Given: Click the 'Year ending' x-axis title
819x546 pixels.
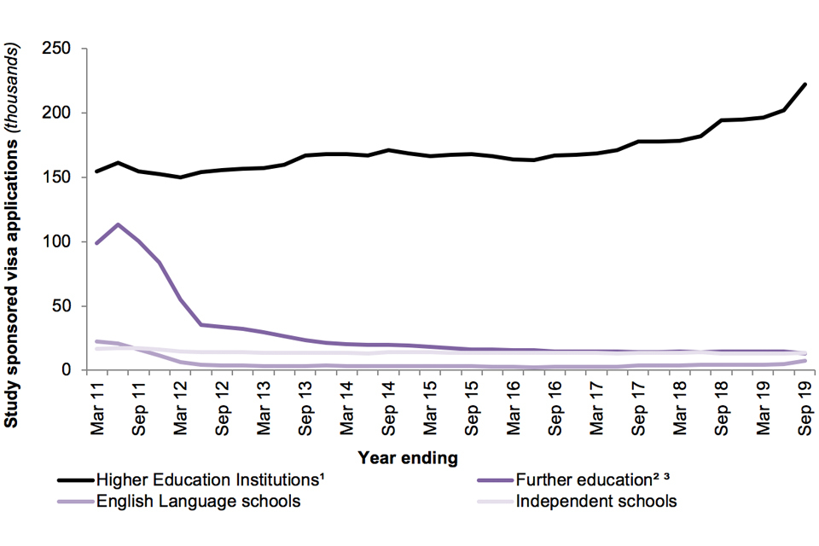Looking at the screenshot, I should pyautogui.click(x=408, y=458).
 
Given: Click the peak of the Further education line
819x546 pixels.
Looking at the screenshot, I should pyautogui.click(x=118, y=224).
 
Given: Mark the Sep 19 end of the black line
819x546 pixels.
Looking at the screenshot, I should pyautogui.click(x=804, y=84).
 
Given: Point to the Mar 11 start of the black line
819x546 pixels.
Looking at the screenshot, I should pyautogui.click(x=97, y=171).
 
